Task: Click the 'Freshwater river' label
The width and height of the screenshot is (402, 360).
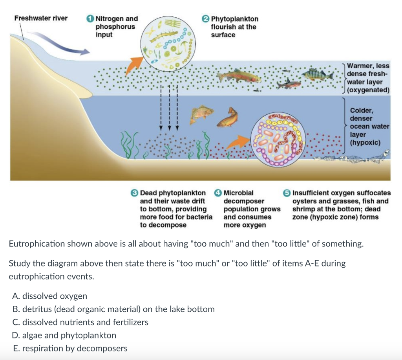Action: tap(41, 18)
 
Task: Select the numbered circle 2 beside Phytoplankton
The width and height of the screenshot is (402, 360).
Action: tap(206, 18)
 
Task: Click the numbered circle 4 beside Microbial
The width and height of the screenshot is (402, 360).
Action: tap(218, 193)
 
